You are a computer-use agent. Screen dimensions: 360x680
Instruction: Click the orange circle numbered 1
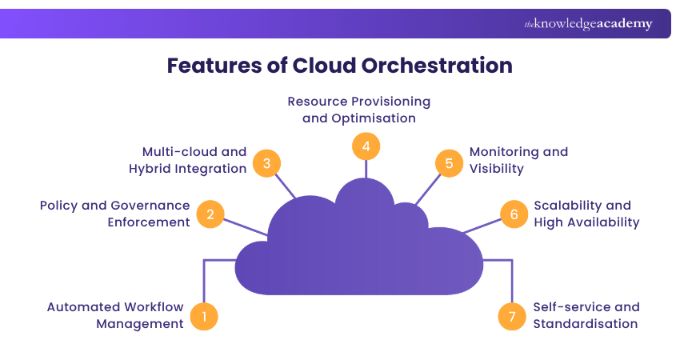tap(204, 316)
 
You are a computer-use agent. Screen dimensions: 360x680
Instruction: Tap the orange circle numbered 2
tap(210, 214)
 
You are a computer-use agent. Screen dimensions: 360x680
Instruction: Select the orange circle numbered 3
tap(266, 163)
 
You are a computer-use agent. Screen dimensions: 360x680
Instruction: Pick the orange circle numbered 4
tap(366, 146)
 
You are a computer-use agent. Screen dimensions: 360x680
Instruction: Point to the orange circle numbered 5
tap(449, 163)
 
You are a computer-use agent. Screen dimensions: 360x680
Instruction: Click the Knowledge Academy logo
tap(588, 24)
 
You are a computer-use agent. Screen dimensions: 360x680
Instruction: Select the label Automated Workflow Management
tap(116, 315)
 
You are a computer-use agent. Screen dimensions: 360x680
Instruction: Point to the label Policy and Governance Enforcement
tap(115, 214)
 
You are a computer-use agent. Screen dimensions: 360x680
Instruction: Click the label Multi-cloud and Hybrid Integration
tap(188, 160)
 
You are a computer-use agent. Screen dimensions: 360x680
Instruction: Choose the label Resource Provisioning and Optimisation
tap(359, 110)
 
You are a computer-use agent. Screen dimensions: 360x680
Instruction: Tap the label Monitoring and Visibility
tap(518, 160)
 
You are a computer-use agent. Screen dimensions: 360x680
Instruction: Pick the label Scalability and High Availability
tap(586, 214)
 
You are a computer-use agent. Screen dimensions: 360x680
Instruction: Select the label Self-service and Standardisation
tap(586, 315)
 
